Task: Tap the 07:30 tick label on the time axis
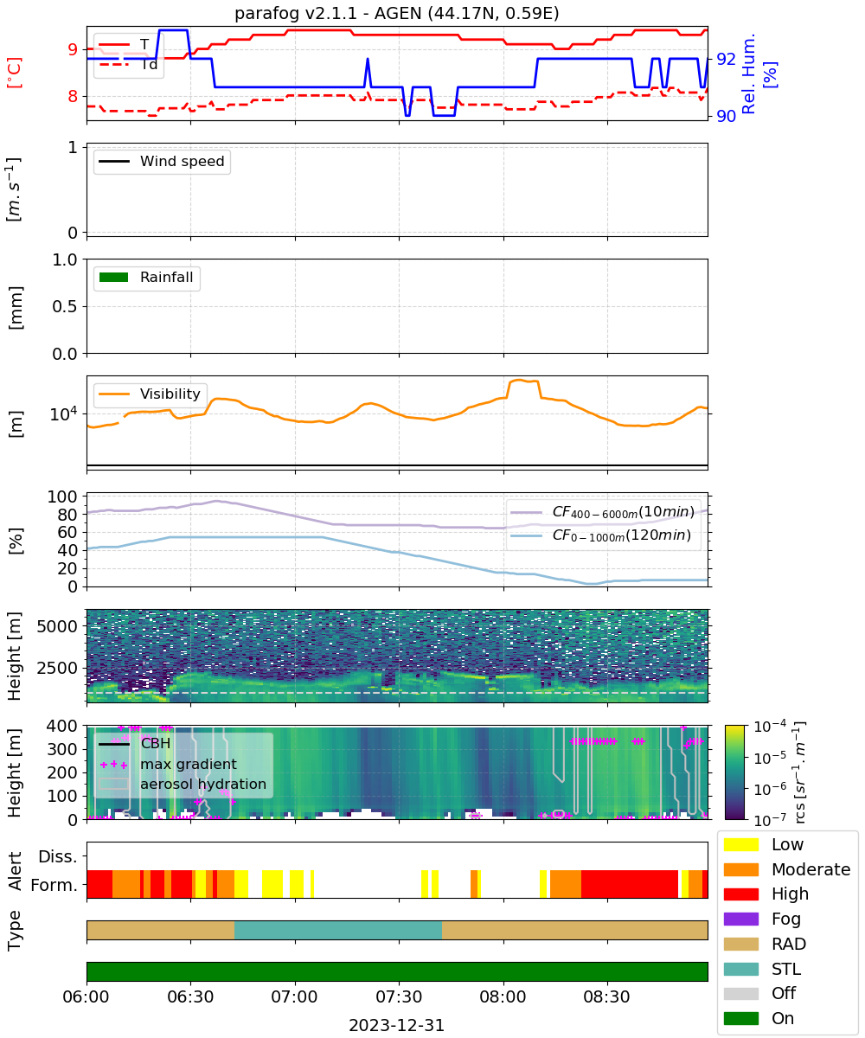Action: (399, 996)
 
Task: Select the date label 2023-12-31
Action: (396, 1025)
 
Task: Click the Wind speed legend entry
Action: (162, 161)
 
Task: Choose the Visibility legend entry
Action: (149, 394)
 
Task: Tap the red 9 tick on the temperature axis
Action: (73, 49)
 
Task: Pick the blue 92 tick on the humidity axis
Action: (726, 59)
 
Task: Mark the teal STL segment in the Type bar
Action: (338, 930)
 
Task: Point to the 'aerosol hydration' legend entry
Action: (183, 784)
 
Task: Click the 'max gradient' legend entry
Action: (169, 764)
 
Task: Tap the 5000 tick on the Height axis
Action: (57, 626)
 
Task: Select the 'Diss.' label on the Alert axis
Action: (58, 856)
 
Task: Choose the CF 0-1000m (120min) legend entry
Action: (600, 535)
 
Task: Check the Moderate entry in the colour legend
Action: (787, 869)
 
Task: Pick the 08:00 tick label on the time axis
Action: (503, 996)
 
